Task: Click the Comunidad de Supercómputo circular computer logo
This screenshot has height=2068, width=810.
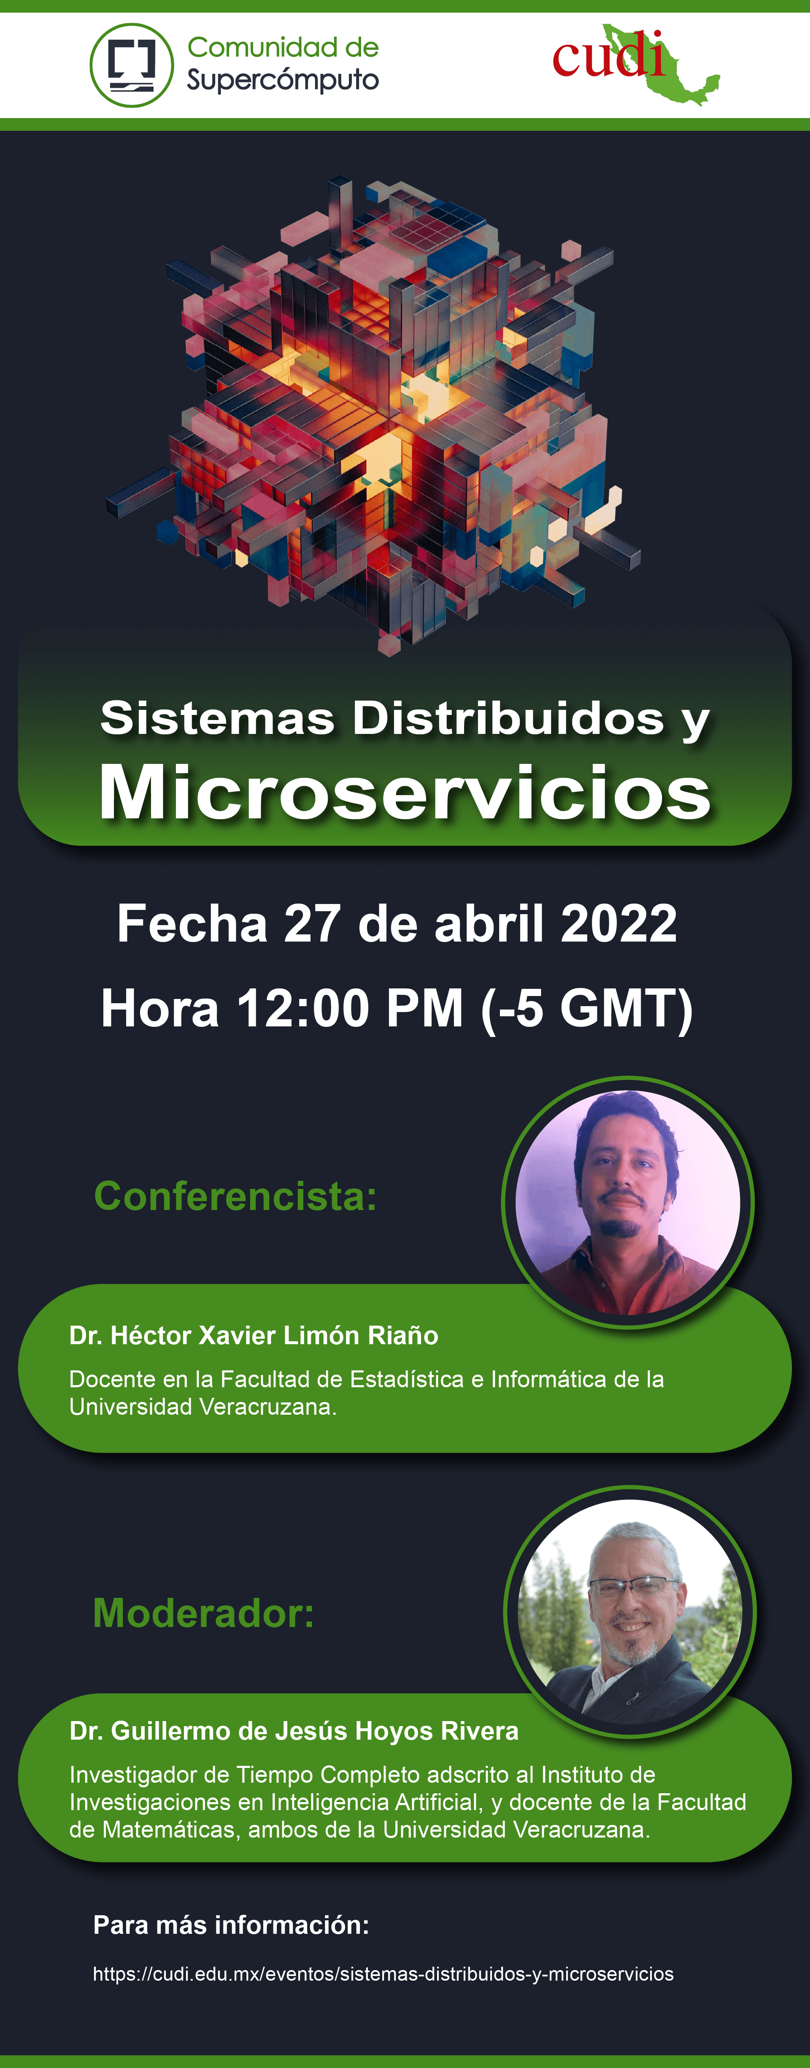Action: (x=132, y=65)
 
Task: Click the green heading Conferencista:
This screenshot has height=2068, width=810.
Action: (x=235, y=1196)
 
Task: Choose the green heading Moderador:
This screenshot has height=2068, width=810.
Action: (x=204, y=1613)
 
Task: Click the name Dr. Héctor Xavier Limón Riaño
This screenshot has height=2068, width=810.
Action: (x=254, y=1335)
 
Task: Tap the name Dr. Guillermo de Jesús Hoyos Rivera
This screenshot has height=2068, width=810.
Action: (x=294, y=1731)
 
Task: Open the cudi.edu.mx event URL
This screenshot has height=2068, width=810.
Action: (x=383, y=1974)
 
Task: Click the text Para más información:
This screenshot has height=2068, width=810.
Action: (x=231, y=1925)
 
